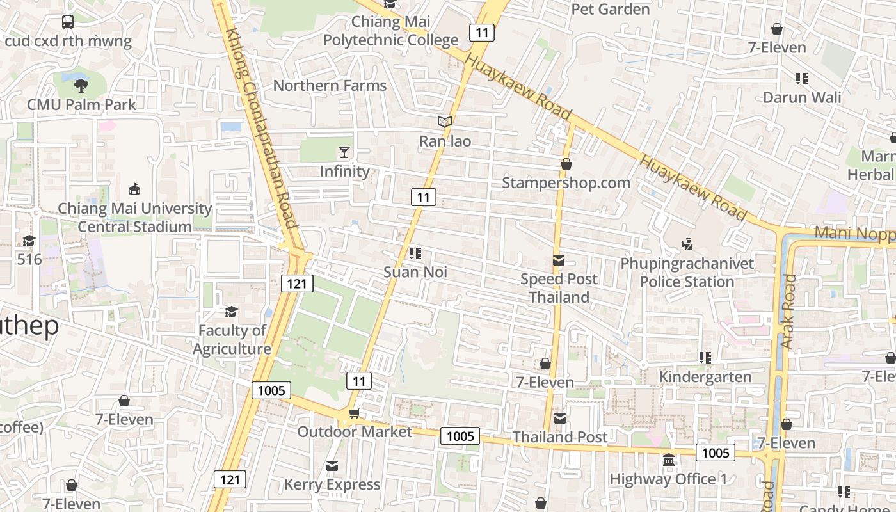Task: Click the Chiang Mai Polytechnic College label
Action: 390,31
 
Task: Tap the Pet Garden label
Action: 610,9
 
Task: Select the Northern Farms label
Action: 330,86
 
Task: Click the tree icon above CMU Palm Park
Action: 81,84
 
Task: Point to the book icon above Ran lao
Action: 445,122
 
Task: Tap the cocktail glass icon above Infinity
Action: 344,152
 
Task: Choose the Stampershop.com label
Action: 566,183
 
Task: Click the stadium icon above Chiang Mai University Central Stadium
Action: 134,189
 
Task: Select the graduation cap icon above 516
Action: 29,241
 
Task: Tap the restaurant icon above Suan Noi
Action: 415,253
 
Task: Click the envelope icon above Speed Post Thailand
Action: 559,260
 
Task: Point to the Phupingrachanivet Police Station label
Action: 687,273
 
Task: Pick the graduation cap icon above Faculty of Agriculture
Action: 231,312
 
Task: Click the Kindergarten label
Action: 705,376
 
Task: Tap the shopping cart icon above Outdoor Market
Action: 354,413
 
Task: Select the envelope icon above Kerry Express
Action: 332,466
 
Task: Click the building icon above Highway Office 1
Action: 669,460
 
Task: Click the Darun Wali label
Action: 802,98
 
